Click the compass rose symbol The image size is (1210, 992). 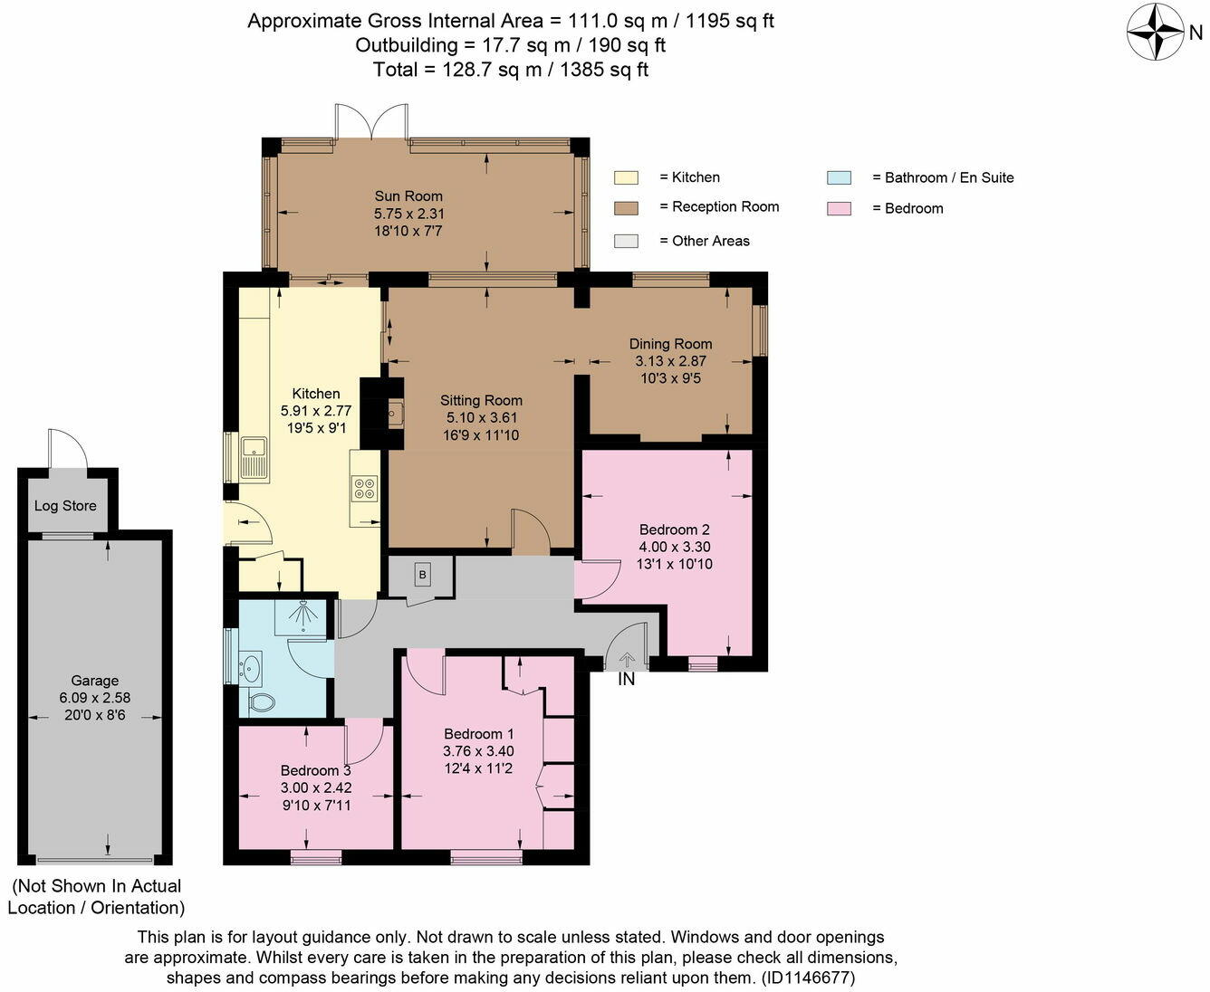(x=1156, y=32)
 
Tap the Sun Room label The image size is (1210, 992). (x=408, y=196)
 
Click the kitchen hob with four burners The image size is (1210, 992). (x=365, y=488)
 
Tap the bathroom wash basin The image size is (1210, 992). (x=250, y=667)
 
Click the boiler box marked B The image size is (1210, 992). (x=423, y=575)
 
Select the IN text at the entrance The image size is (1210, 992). (x=626, y=680)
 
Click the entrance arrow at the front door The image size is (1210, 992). (x=626, y=661)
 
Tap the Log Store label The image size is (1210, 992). (x=65, y=506)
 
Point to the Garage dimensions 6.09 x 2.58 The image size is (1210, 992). (x=95, y=698)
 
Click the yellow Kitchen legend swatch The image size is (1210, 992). (x=626, y=177)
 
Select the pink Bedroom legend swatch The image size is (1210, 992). (x=839, y=208)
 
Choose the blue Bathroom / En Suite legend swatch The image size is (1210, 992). (x=839, y=177)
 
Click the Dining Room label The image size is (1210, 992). (x=671, y=344)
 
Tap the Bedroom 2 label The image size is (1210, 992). (x=674, y=529)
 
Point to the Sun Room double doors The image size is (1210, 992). (x=371, y=121)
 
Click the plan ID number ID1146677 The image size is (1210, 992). (x=809, y=978)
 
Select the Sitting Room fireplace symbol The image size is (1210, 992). (x=395, y=413)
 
